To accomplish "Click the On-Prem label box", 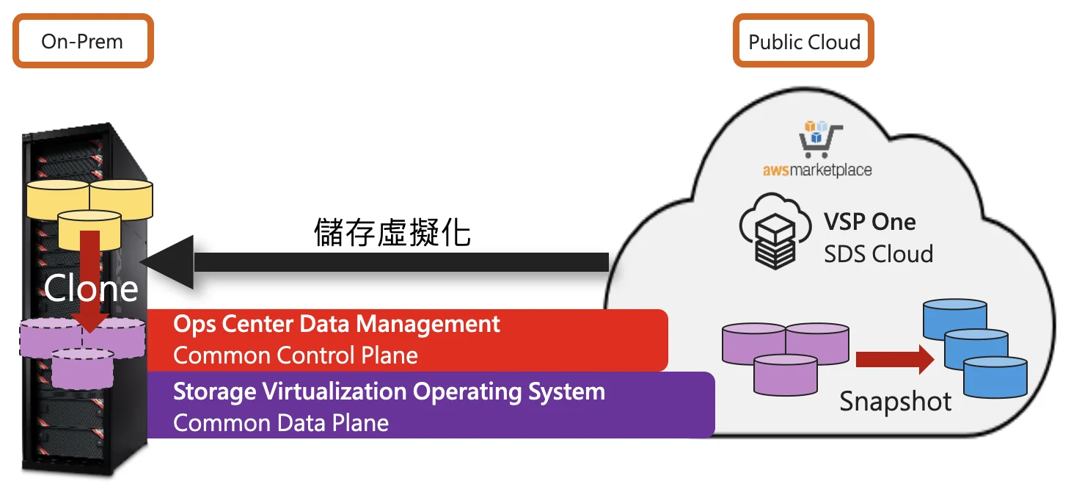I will (x=82, y=41).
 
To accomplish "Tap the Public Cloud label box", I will (x=803, y=41).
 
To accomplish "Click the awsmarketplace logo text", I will (x=816, y=170).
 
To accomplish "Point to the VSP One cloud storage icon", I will (x=774, y=228).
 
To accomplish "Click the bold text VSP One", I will (x=870, y=221).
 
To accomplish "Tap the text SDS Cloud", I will (x=878, y=254).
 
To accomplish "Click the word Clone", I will (x=91, y=289).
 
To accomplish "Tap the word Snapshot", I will (x=896, y=401).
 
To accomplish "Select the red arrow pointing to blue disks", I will (x=893, y=359).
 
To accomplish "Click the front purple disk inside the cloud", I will (x=786, y=374).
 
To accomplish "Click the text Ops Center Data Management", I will (x=336, y=324).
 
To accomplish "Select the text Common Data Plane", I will (x=280, y=422).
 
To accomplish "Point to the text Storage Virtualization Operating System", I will (x=389, y=391).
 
